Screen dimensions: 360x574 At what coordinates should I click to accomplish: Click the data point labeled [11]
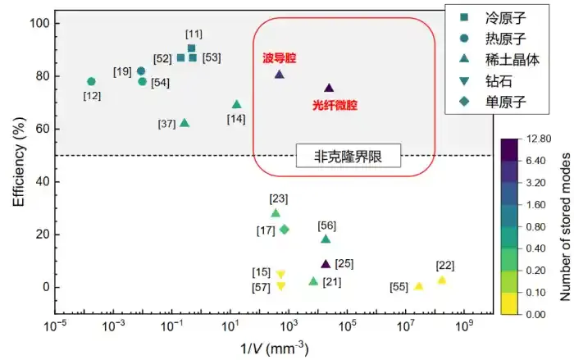pyautogui.click(x=191, y=48)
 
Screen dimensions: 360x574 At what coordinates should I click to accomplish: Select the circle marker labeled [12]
pyautogui.click(x=91, y=82)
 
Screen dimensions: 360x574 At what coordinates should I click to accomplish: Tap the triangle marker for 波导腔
pyautogui.click(x=279, y=74)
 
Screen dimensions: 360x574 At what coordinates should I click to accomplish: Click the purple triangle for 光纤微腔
pyautogui.click(x=329, y=88)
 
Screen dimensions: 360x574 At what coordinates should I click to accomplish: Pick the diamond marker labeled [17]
pyautogui.click(x=285, y=230)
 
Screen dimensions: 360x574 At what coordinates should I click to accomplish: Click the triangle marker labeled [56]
pyautogui.click(x=326, y=239)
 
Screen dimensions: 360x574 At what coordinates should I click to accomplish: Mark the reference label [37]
pyautogui.click(x=166, y=124)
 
